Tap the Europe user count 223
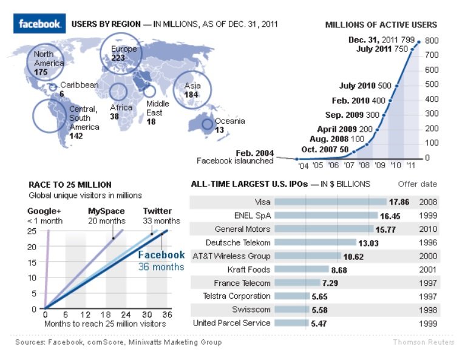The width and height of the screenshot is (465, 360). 118,58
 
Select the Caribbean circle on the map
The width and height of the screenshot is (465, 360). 53,86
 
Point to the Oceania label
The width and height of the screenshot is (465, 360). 230,121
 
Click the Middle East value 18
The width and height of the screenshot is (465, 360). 151,122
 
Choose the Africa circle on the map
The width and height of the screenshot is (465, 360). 118,92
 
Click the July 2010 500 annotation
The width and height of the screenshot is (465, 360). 365,86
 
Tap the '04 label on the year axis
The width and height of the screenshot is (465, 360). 302,165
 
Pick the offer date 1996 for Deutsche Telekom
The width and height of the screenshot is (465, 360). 427,243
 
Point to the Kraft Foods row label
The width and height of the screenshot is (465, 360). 249,270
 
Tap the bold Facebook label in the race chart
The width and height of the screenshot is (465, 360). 161,255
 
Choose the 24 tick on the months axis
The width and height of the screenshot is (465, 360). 126,315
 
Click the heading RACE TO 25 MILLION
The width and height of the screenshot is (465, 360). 70,185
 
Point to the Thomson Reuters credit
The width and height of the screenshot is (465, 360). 423,342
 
